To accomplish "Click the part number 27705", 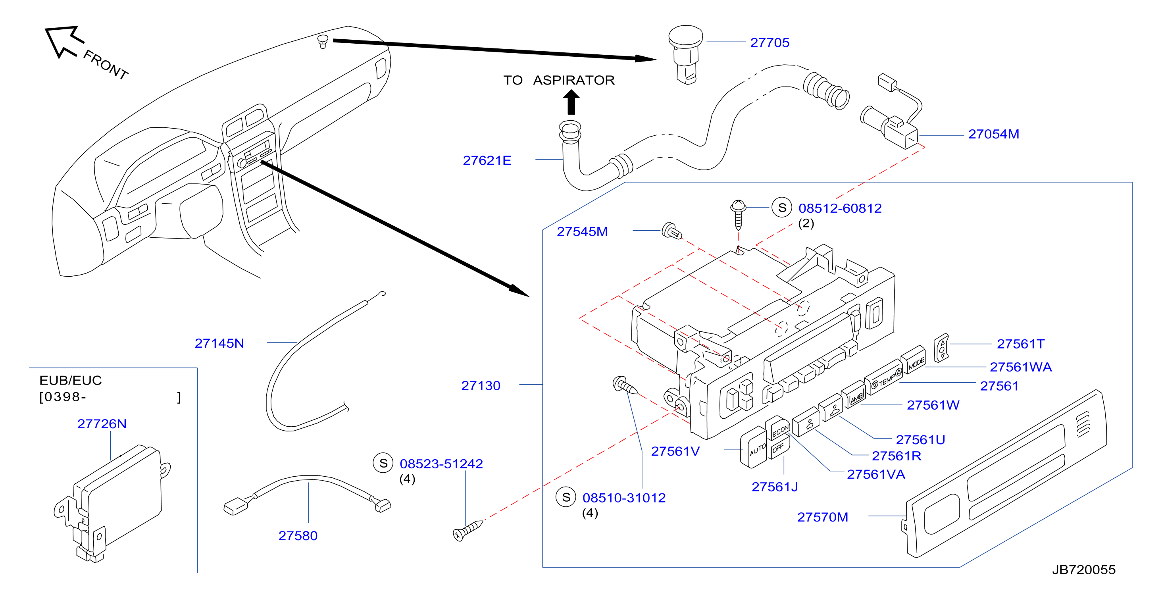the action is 770,42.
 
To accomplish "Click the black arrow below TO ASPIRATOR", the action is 571,102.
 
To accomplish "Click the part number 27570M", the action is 822,517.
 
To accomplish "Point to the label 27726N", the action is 102,423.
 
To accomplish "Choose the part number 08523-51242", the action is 441,464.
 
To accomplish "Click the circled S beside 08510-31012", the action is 566,497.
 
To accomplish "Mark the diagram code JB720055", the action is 1083,570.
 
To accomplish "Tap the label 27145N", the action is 219,343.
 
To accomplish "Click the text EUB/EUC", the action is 70,380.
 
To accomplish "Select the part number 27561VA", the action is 875,474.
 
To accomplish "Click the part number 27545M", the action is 582,231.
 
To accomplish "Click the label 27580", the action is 298,535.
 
